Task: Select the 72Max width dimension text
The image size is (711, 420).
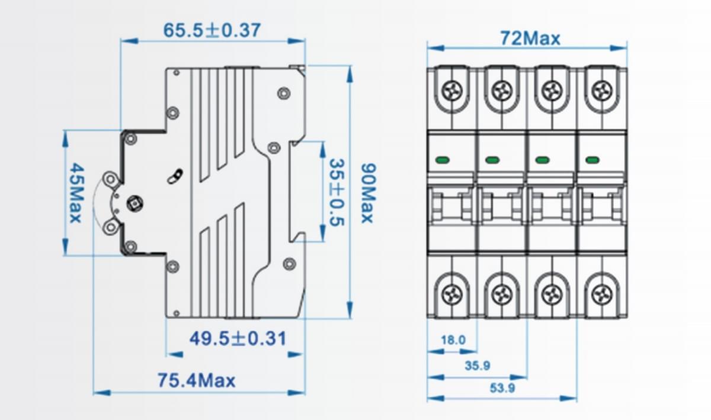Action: [530, 38]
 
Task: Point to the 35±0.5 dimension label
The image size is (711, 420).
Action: [337, 192]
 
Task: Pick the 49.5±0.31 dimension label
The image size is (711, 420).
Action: [238, 339]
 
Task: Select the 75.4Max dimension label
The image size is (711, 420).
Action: [196, 380]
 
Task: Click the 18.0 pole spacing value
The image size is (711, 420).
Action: [453, 340]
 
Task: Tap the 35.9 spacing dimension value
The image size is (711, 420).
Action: [477, 366]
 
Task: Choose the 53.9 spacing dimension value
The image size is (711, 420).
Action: [502, 389]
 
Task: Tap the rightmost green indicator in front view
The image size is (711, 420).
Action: [592, 160]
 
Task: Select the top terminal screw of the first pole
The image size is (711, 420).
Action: [452, 90]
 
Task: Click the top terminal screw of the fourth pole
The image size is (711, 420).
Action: [602, 90]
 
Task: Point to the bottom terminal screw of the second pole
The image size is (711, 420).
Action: [502, 293]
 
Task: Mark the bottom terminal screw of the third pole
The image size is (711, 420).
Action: [552, 293]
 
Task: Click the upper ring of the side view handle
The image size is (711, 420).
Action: [110, 179]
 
